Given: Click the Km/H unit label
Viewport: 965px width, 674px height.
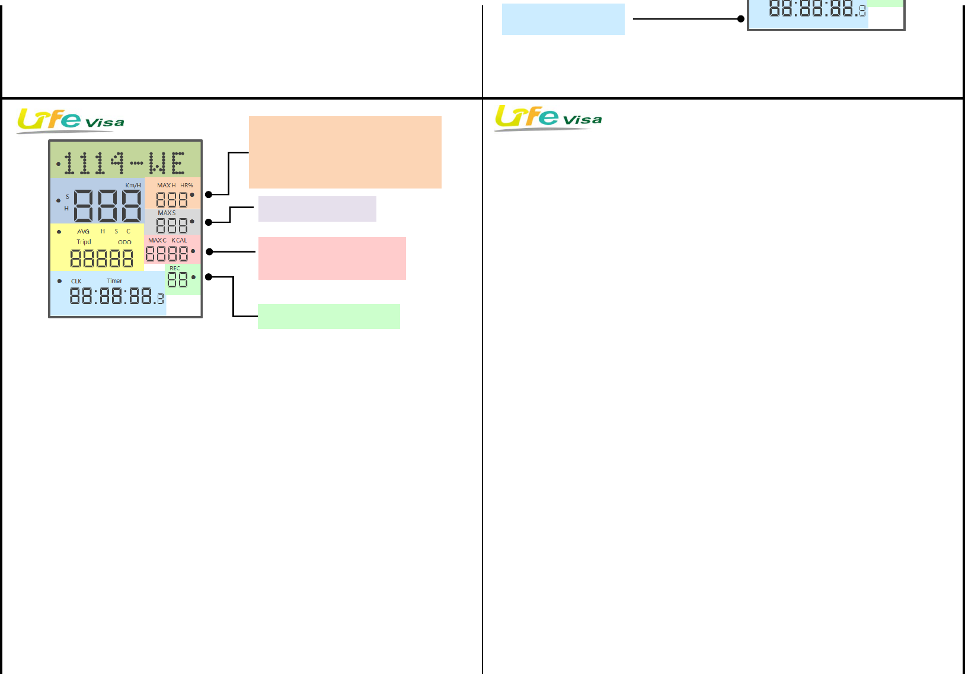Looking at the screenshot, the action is pos(133,186).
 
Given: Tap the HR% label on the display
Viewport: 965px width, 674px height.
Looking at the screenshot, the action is pos(187,186).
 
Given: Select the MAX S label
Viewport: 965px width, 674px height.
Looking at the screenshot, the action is pos(167,213).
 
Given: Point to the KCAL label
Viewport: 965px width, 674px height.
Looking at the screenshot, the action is pos(179,241).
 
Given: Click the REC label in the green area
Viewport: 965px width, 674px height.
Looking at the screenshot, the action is pos(175,269).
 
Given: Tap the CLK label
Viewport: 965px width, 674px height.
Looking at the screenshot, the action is pos(76,282).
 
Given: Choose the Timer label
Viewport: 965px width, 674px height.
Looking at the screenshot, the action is pos(114,281).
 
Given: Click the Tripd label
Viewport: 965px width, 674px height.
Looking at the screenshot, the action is pos(84,242).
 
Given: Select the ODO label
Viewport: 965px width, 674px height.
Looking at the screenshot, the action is pos(124,242).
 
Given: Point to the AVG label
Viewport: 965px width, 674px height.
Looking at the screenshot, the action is pos(83,232).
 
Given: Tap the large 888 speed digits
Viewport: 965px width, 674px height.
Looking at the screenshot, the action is pos(107,206).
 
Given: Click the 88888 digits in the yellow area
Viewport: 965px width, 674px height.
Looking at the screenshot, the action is pos(101,258).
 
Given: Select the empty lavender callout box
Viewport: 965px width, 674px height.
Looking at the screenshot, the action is pos(317,209).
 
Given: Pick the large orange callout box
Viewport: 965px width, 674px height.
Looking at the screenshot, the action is pos(345,152).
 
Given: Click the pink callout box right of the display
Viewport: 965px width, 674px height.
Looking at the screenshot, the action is pos(332,258).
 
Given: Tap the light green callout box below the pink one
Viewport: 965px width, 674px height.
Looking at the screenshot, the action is pos(328,317).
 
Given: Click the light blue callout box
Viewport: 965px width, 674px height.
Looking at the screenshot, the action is pos(563,19).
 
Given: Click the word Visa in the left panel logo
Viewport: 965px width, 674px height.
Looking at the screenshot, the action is pos(105,123).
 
